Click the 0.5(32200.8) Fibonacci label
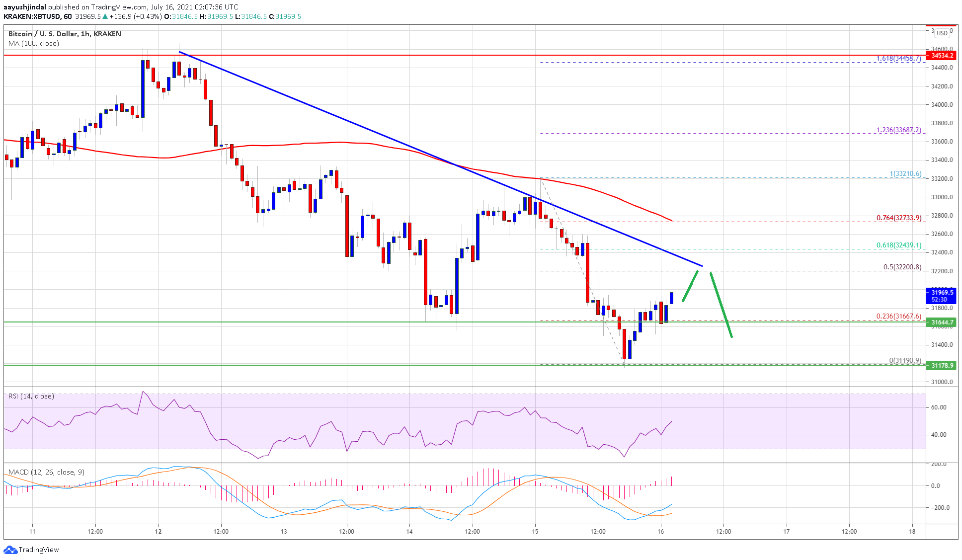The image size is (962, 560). click(902, 267)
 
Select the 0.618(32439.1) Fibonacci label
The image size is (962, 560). click(898, 245)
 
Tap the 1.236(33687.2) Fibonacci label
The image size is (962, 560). click(898, 130)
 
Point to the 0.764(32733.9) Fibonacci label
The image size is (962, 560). click(898, 218)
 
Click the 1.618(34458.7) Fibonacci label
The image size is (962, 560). click(898, 59)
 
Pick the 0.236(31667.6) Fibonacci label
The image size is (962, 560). click(898, 317)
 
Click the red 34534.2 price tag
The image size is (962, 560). click(942, 55)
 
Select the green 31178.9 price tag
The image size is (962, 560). click(942, 365)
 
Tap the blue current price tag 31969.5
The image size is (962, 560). click(942, 296)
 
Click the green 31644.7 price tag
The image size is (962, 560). click(942, 322)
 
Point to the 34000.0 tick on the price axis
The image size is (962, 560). click(942, 105)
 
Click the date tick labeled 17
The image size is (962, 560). click(787, 532)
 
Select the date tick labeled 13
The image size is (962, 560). click(284, 532)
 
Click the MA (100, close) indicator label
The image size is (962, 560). click(34, 43)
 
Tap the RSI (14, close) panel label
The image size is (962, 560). click(31, 396)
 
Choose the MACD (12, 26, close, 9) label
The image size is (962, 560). click(46, 472)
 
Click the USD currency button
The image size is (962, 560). click(942, 33)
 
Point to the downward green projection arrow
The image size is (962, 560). click(721, 305)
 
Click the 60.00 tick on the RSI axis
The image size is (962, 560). click(939, 407)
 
